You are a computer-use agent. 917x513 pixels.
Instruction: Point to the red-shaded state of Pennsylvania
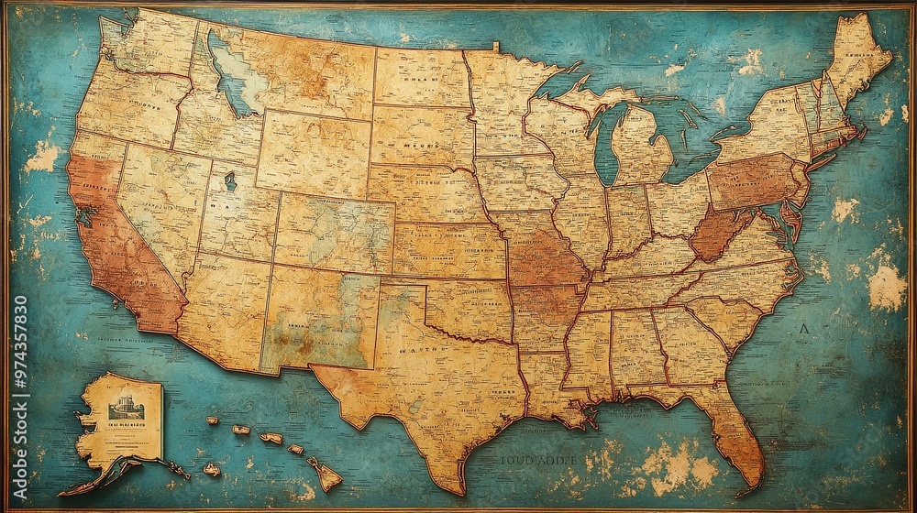point(752,180)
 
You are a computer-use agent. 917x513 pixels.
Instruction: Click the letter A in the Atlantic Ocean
point(804,327)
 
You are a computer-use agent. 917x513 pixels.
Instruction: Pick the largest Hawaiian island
point(326,475)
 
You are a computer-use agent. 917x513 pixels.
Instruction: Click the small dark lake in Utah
point(230,180)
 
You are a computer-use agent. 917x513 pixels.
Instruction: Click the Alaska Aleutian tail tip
point(64,493)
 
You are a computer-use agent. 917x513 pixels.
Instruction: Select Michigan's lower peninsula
point(642,147)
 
